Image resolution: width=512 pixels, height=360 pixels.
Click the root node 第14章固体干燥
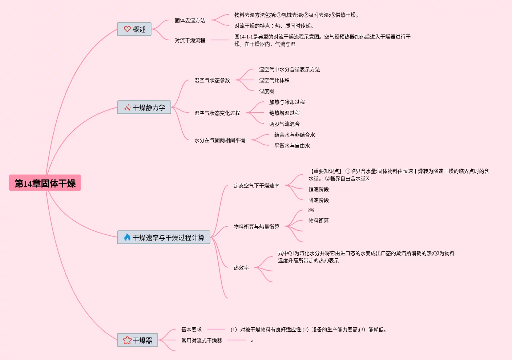[45, 183]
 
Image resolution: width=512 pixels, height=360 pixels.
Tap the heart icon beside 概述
[127, 29]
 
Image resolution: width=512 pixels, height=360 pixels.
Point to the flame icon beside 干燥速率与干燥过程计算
[127, 238]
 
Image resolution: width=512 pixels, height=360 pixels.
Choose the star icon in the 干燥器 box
[127, 340]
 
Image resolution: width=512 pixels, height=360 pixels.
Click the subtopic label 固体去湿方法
[190, 20]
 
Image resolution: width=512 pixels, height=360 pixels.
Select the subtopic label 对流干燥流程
[190, 40]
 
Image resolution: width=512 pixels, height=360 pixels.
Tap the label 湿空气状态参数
[212, 80]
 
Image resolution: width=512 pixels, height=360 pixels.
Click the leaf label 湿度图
[266, 91]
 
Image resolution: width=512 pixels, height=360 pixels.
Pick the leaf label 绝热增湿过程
[284, 113]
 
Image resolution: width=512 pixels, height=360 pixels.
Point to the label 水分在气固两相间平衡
[219, 140]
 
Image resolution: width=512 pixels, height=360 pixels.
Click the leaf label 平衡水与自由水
[292, 146]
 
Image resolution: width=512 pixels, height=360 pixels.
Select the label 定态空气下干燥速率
[256, 186]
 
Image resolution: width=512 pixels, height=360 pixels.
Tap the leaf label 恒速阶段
[318, 189]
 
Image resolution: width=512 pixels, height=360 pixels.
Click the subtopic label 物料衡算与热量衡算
[256, 227]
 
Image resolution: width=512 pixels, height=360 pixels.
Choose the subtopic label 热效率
[241, 268]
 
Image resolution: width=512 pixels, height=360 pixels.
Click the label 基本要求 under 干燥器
[191, 329]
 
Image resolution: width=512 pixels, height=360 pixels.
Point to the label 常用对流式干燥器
[201, 340]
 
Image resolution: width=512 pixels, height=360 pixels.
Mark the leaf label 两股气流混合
[284, 124]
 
